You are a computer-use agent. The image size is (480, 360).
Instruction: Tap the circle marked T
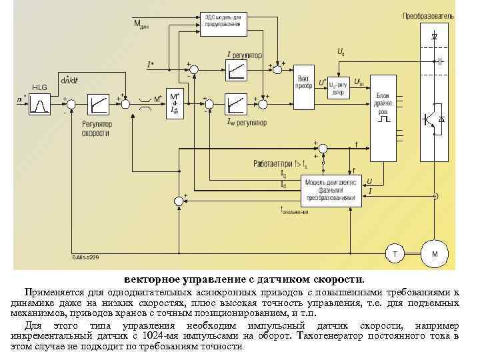click(395, 254)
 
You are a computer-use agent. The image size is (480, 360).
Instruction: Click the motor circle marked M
click(435, 254)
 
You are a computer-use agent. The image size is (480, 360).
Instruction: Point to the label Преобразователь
click(428, 15)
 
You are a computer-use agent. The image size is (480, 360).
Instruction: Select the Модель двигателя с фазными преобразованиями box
click(329, 189)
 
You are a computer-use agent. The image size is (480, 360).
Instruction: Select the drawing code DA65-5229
click(85, 257)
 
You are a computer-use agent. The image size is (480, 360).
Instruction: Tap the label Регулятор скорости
click(97, 128)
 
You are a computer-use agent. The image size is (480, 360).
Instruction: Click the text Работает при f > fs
click(280, 163)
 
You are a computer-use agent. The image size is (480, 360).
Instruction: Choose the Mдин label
click(141, 25)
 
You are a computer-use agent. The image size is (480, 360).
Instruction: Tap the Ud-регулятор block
click(338, 88)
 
